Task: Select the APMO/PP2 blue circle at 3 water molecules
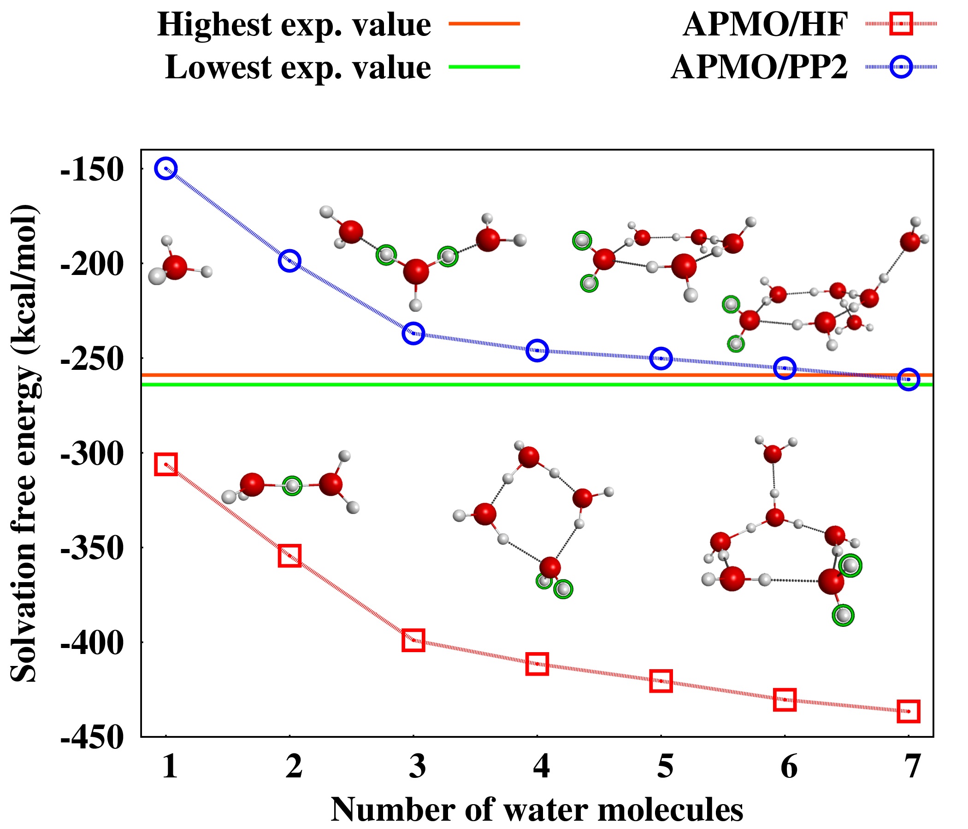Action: click(x=413, y=333)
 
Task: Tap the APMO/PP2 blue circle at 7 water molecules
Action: click(x=908, y=379)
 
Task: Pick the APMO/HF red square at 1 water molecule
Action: click(x=166, y=464)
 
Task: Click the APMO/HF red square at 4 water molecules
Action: click(x=537, y=664)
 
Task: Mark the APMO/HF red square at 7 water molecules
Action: click(x=908, y=712)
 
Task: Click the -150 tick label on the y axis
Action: click(x=92, y=170)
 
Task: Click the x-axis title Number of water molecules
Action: click(x=537, y=809)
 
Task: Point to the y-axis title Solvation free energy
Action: click(x=24, y=444)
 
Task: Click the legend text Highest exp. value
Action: click(x=294, y=24)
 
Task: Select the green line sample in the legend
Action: click(x=484, y=67)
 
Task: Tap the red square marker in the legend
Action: click(x=901, y=23)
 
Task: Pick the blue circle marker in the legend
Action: click(x=901, y=67)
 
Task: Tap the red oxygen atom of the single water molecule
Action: click(x=175, y=267)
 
